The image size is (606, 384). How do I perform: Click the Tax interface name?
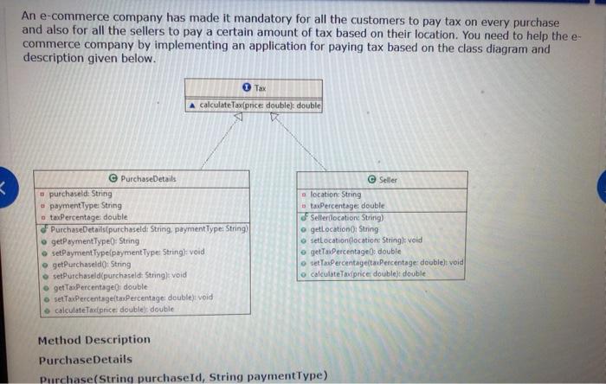tap(260, 88)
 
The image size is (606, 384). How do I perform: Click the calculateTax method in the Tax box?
tap(260, 105)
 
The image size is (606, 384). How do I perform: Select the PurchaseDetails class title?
tap(148, 178)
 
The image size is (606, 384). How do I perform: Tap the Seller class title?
tap(388, 179)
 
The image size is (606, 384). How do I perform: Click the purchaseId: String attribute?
tap(80, 195)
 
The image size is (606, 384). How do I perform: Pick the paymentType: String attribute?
tap(85, 206)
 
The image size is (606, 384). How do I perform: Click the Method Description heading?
tap(93, 340)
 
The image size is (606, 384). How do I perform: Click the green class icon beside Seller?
tap(371, 179)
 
